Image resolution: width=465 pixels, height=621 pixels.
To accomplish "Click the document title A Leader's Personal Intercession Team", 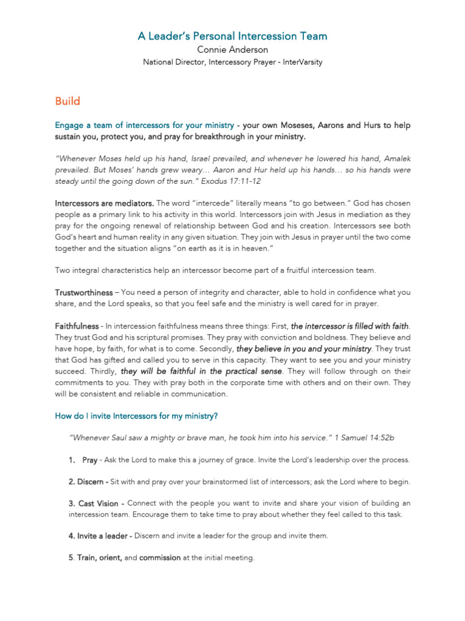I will pos(232,36).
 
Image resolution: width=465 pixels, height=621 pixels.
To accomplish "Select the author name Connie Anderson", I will pos(232,50).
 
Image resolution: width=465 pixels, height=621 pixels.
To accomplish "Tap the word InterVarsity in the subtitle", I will pos(300,62).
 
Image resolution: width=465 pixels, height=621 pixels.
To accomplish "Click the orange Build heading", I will pos(67,101).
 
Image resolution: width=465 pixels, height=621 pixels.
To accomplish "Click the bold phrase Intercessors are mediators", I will pos(105,203).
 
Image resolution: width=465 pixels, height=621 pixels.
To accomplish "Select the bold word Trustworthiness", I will pos(84,293).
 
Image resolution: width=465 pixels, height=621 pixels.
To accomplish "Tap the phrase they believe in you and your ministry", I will pos(303,349).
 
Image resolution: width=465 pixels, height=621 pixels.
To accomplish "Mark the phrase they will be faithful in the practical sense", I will pos(201,371).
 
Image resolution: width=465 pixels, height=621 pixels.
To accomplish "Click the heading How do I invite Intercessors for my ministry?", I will pos(137,416).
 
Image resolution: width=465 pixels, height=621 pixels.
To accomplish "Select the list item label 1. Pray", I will pos(83,460).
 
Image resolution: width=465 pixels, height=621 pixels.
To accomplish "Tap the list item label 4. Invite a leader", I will pos(100,536).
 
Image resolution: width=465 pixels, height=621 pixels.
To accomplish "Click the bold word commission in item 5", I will pos(160,558).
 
